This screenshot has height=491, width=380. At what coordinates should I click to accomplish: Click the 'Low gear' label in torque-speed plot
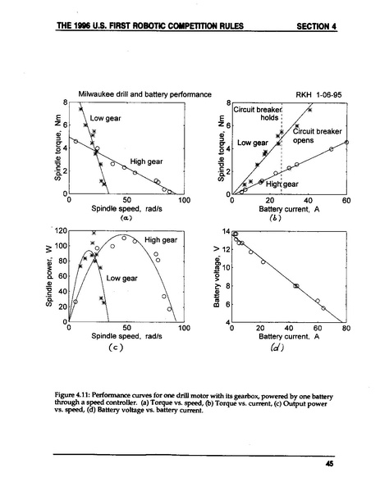105,119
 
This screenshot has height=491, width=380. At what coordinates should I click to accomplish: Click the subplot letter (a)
126,219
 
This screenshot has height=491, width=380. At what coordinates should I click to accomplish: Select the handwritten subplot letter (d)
291,347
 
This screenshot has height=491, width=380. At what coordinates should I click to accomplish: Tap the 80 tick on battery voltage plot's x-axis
346,328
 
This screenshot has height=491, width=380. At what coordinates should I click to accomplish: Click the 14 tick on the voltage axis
224,233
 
